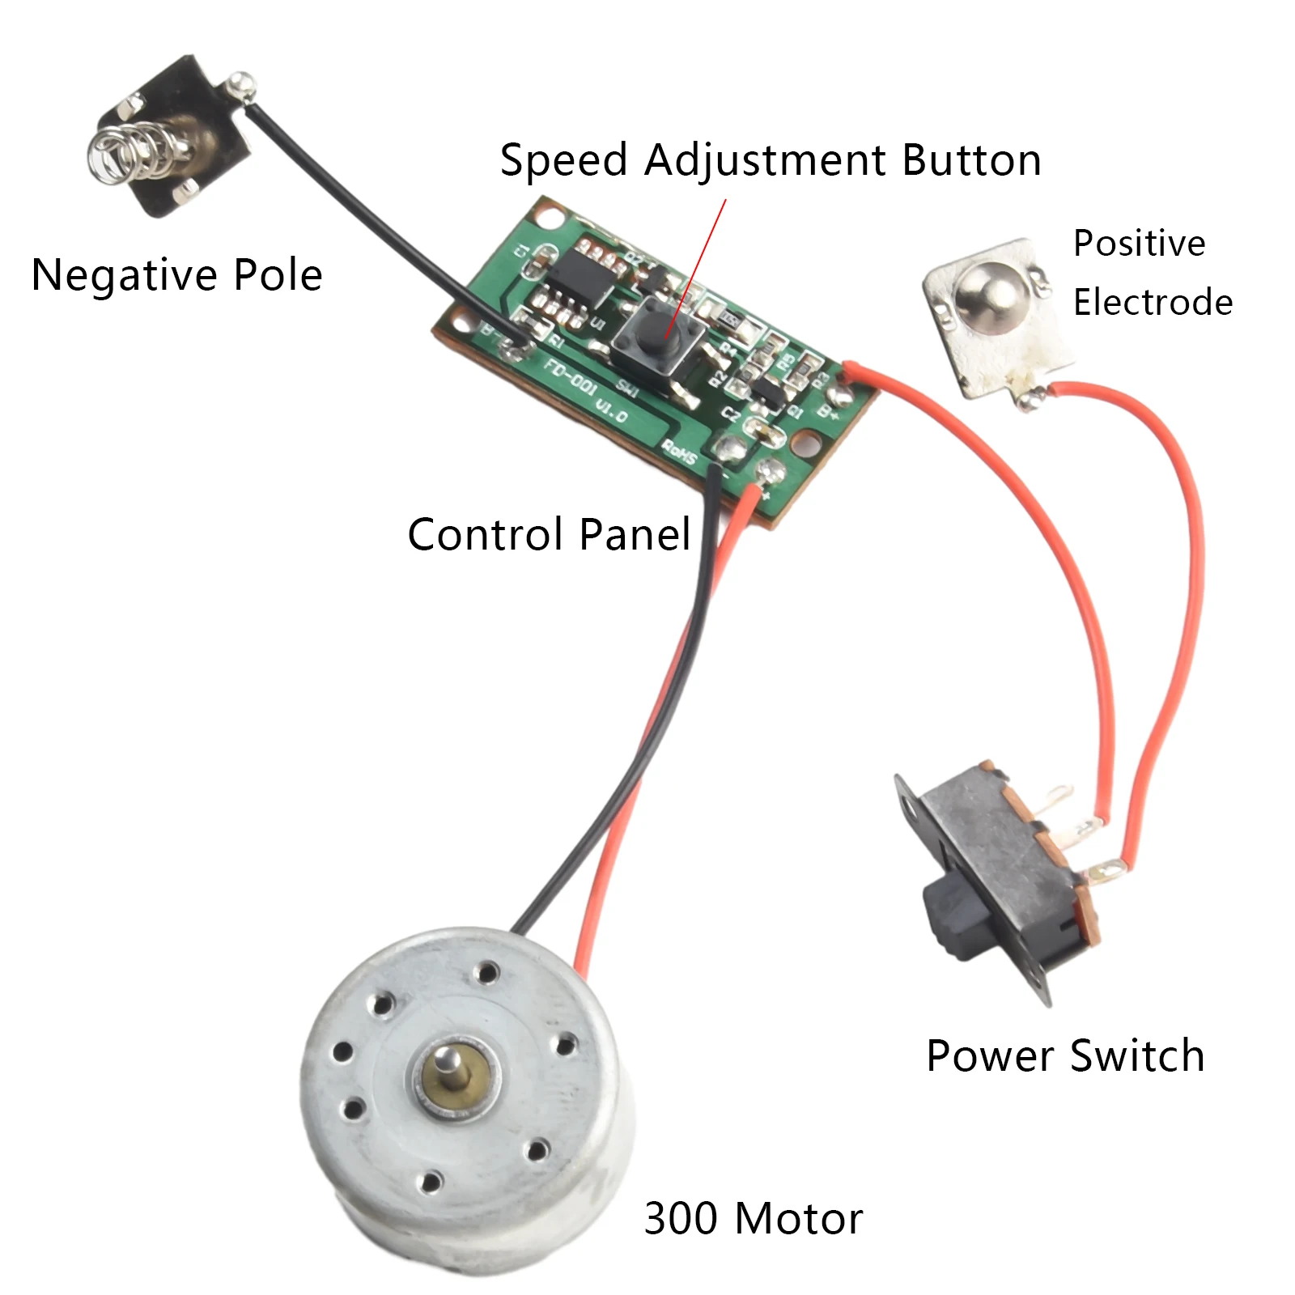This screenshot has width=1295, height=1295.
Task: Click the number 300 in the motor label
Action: point(681,1218)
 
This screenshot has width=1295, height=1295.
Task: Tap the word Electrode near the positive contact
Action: point(1153,303)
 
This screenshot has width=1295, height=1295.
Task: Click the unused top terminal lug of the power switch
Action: point(1057,796)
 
